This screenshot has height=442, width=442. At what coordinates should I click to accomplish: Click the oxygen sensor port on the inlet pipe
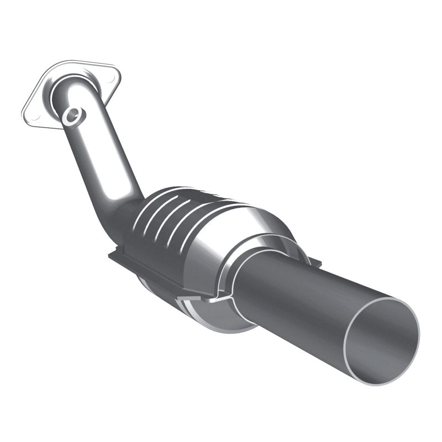pos(73,115)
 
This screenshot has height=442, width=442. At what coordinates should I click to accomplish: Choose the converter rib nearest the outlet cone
pos(204,221)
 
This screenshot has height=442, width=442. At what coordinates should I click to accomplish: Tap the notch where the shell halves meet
pos(217,298)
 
